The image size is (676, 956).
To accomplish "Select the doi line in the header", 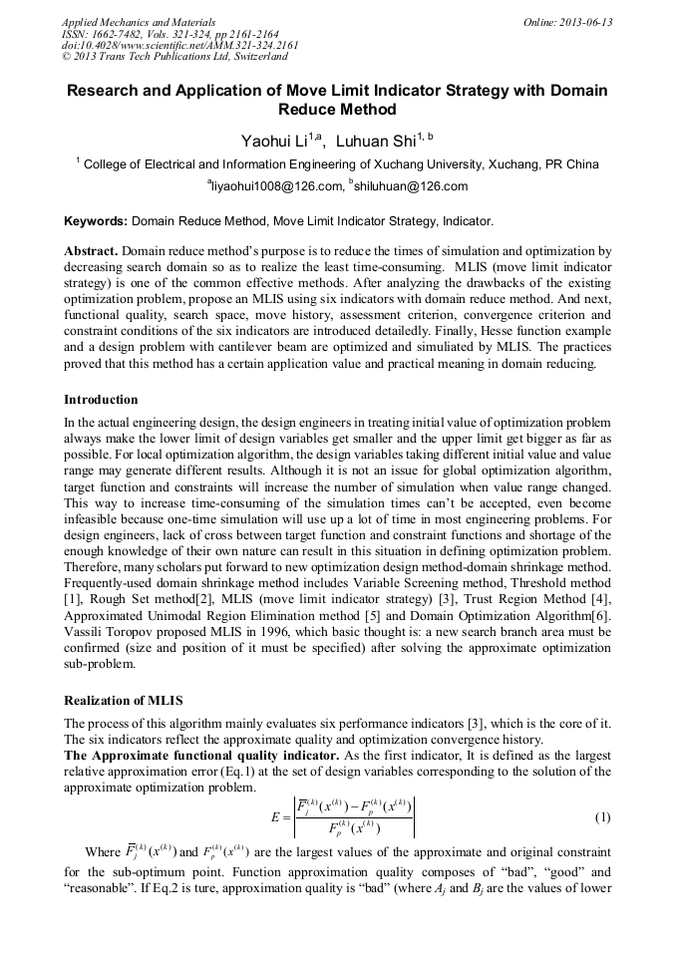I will (179, 46).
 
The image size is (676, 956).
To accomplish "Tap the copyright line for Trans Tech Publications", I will (175, 58).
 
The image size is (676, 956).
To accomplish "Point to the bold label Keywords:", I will (96, 220).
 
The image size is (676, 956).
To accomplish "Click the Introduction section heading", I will (101, 400).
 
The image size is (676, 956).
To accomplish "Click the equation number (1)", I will (602, 817).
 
